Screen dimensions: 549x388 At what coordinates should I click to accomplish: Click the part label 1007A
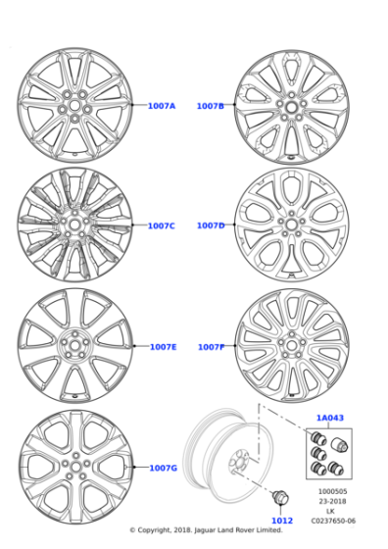tap(162, 105)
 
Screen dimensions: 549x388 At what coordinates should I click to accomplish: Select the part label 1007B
tap(210, 105)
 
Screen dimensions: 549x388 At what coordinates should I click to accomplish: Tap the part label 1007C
tap(162, 225)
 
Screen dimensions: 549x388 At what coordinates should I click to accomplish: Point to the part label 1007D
tap(211, 225)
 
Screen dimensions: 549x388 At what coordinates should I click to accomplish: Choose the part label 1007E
tap(163, 346)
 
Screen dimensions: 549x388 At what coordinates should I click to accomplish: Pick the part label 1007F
tap(211, 346)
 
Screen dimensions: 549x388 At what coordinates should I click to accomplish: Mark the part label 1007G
tap(163, 468)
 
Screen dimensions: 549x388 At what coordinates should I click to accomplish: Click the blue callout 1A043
tap(329, 418)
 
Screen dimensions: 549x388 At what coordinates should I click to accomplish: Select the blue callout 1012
tap(281, 521)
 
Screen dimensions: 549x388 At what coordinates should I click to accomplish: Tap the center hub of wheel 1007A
tap(73, 104)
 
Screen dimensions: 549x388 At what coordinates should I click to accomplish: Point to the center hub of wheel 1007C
tap(73, 225)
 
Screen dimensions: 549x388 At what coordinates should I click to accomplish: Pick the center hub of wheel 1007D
tap(291, 225)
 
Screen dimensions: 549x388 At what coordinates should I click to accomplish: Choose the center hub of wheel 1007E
tap(73, 346)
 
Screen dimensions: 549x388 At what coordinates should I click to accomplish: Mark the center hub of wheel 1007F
tap(291, 346)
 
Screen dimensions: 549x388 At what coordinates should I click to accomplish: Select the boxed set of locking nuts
tap(328, 452)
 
